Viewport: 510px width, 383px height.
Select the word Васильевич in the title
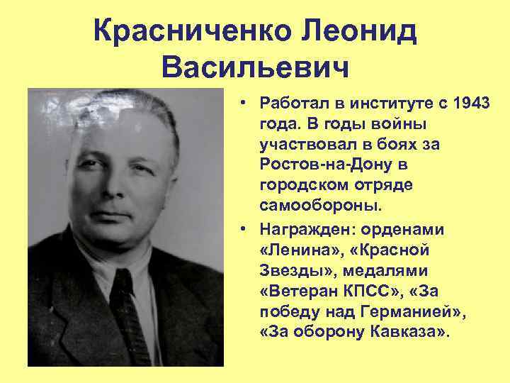(x=256, y=70)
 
